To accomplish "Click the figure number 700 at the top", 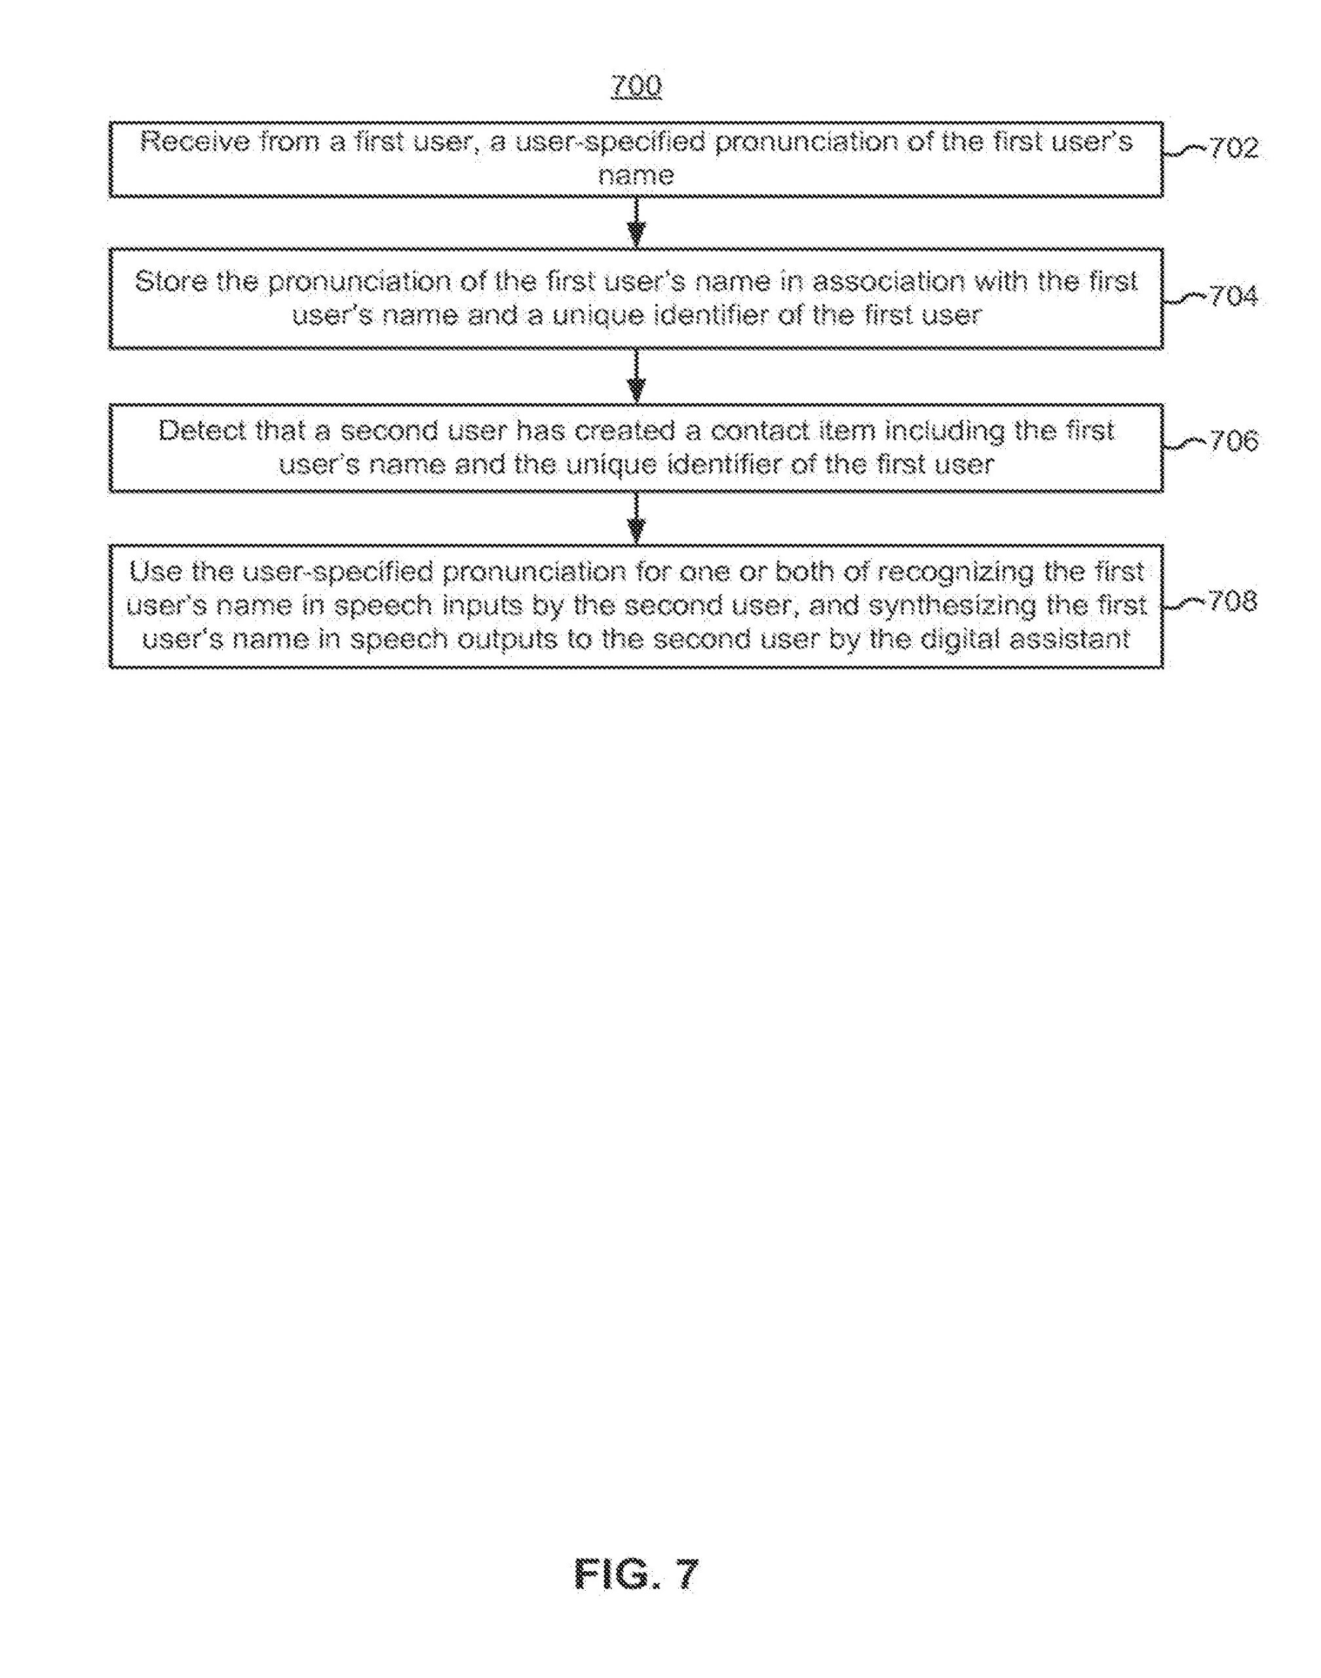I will click(x=636, y=85).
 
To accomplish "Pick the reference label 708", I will click(x=1231, y=602).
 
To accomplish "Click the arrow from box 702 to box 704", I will click(x=636, y=223).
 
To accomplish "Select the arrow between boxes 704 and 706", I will click(x=636, y=376).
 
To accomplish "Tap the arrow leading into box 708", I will click(x=636, y=519).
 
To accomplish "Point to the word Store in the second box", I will click(x=172, y=282).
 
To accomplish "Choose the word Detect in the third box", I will click(x=203, y=431).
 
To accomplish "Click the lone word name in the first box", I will click(x=636, y=176).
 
